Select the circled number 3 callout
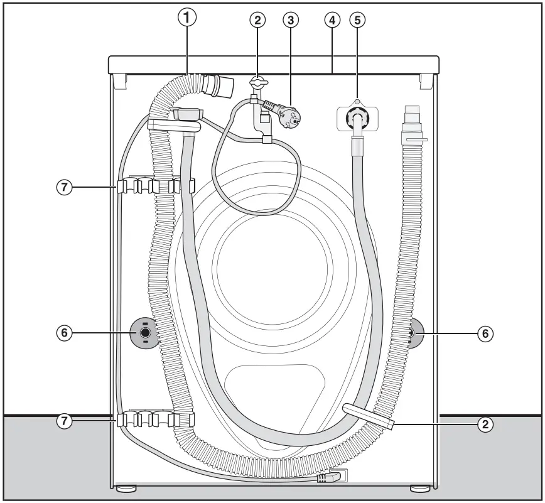click(290, 19)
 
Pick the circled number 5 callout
click(357, 19)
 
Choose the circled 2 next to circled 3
click(257, 19)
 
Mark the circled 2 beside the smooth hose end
click(484, 425)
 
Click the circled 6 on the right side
click(484, 333)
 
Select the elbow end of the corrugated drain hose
click(220, 84)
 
